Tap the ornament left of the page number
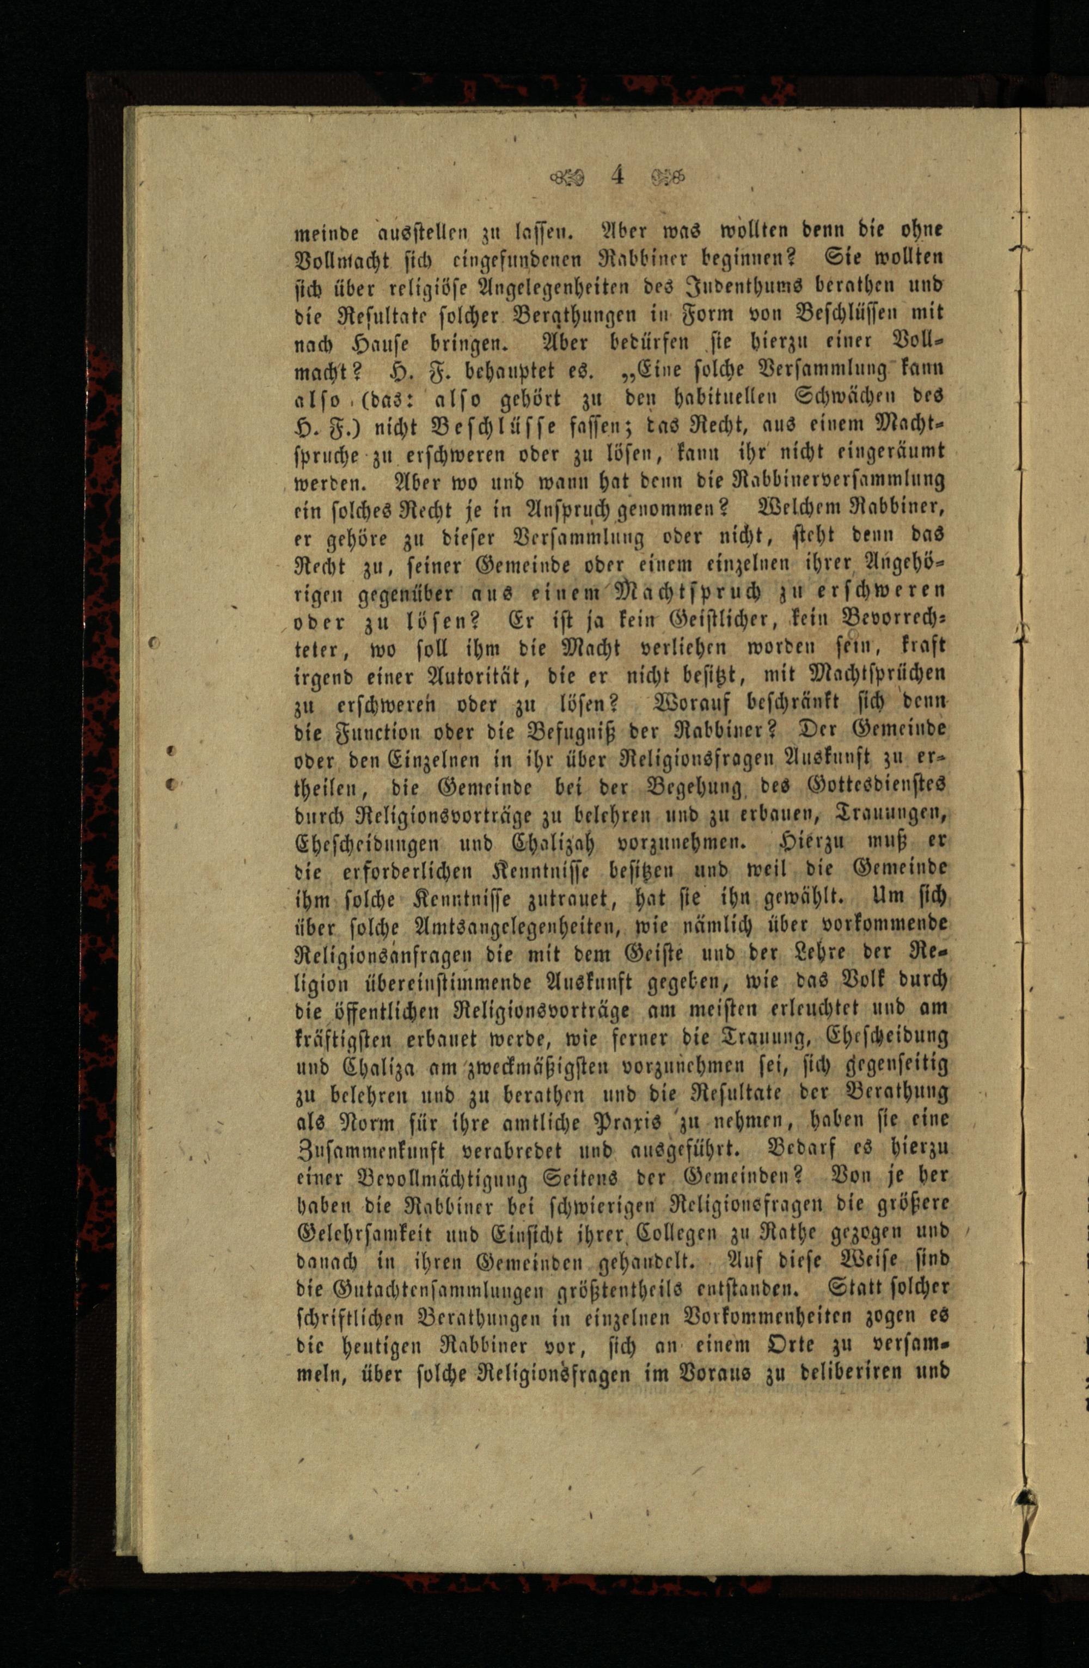568,176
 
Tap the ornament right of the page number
666,175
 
